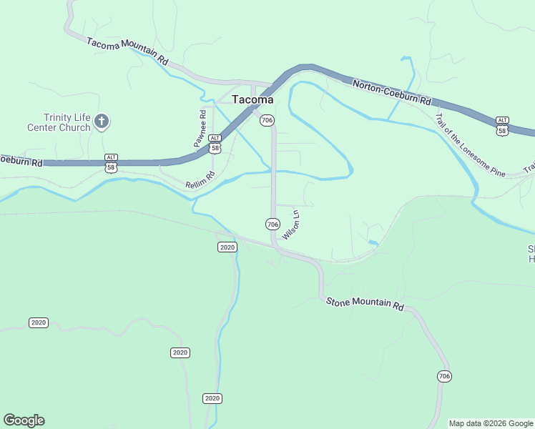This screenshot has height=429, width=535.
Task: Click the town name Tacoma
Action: pyautogui.click(x=252, y=100)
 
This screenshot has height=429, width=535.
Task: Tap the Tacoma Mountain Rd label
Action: pyautogui.click(x=127, y=52)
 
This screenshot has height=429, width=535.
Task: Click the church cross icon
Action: pyautogui.click(x=102, y=121)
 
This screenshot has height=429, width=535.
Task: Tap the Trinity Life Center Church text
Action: pyautogui.click(x=67, y=122)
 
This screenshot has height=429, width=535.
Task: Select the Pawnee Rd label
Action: pyautogui.click(x=202, y=128)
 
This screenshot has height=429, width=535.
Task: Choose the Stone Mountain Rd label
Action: pyautogui.click(x=365, y=303)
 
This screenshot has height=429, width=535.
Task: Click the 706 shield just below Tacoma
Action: pyautogui.click(x=267, y=120)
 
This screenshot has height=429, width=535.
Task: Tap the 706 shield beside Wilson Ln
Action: pyautogui.click(x=272, y=224)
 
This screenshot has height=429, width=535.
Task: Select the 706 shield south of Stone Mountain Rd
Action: pyautogui.click(x=444, y=376)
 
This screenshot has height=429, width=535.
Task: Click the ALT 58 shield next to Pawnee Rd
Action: pyautogui.click(x=215, y=144)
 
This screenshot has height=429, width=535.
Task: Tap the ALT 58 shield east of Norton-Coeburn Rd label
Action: pyautogui.click(x=502, y=127)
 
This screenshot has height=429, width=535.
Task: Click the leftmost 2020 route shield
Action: pyautogui.click(x=39, y=322)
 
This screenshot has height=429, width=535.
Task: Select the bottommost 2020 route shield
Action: pyautogui.click(x=212, y=398)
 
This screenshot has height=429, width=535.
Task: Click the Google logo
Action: pyautogui.click(x=24, y=420)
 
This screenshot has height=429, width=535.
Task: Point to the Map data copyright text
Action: pyautogui.click(x=491, y=423)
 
